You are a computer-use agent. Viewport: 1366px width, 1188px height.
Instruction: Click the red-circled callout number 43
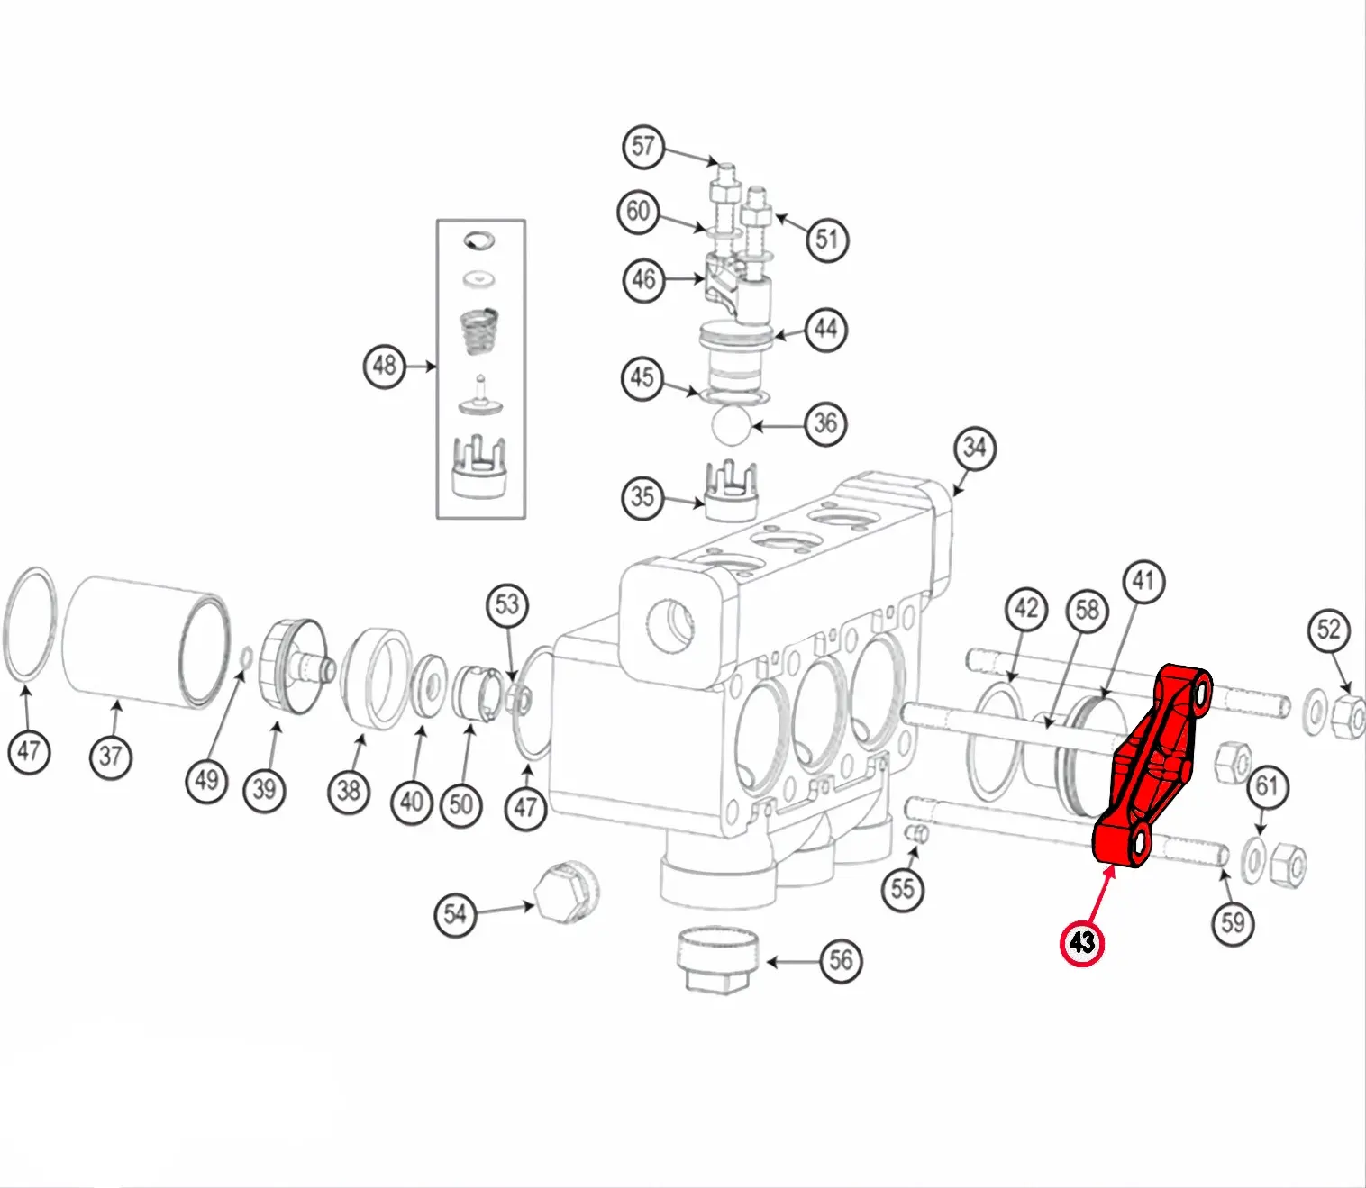coord(1081,943)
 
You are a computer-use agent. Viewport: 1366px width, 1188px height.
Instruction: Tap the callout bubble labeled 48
coord(385,366)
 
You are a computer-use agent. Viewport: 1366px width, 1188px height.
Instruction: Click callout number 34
coord(975,448)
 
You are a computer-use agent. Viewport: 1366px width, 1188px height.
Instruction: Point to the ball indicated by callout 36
coord(731,426)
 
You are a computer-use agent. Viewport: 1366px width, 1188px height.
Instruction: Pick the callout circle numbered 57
coord(643,146)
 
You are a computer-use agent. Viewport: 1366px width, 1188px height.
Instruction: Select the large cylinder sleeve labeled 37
coord(146,643)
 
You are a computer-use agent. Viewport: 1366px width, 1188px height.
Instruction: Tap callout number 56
coord(841,960)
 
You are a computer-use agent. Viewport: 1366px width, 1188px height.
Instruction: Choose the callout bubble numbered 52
coord(1328,630)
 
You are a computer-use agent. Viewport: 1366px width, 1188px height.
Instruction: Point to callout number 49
coord(206,780)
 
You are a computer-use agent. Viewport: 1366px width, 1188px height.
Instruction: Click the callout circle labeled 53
coord(506,604)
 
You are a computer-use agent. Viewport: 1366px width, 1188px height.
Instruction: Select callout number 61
coord(1267,786)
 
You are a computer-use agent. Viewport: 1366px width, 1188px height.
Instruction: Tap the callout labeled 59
coord(1233,923)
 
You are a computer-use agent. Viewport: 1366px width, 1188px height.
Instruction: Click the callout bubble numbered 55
coord(903,889)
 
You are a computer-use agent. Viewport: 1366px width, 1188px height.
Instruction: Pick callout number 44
coord(826,329)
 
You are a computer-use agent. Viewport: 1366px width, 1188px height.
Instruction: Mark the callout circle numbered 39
coord(264,790)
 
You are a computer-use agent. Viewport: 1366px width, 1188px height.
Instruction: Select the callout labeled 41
coord(1143,581)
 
